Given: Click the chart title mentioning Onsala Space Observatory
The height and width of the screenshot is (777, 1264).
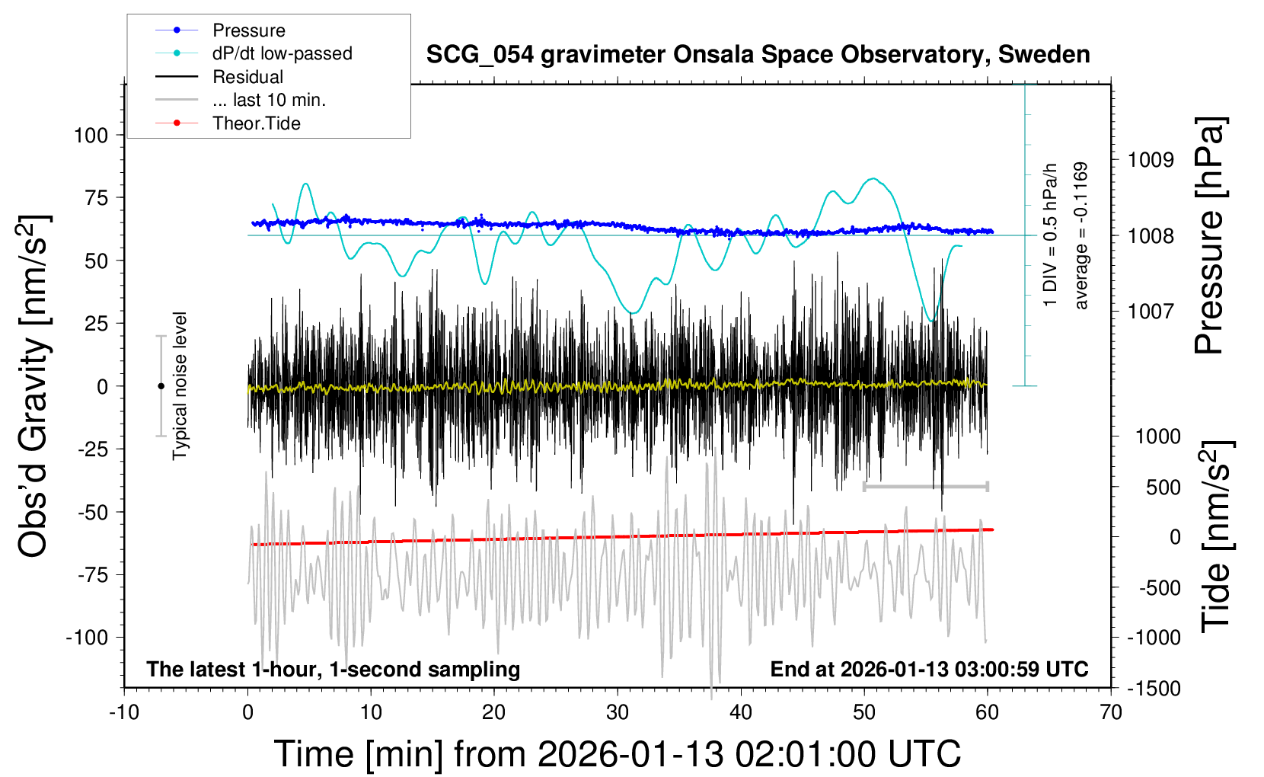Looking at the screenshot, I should [758, 55].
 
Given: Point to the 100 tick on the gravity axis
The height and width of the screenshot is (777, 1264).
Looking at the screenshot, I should [91, 136].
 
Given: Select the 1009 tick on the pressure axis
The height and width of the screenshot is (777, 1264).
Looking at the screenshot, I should [1151, 160].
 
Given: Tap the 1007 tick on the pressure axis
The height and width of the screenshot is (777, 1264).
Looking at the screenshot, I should [1151, 311].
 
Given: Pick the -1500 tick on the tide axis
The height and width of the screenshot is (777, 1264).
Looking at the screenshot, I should [1154, 689].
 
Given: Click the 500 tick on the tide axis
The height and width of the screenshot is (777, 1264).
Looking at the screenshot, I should [1163, 488].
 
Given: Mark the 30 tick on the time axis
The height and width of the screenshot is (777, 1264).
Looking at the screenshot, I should [618, 713].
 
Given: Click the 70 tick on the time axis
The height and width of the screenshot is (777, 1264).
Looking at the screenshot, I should [1111, 713].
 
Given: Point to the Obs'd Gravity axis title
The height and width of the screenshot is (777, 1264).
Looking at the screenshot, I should [34, 386].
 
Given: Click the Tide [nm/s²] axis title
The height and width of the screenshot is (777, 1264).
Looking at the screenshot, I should [1217, 537].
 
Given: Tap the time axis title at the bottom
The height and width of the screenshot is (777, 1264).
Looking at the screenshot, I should [618, 754].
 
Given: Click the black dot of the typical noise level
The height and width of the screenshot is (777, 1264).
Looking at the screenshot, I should [161, 386].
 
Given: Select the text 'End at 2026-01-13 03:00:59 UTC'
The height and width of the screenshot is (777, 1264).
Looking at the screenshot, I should [929, 670].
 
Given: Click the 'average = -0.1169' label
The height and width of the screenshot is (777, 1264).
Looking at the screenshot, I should [1081, 236].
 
